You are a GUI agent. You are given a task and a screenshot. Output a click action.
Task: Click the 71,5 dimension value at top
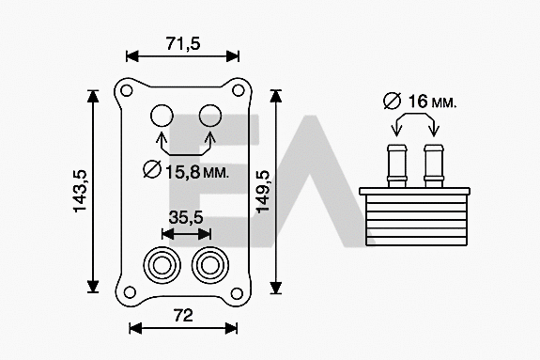[183, 43]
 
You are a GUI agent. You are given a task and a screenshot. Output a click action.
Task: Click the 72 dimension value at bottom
[183, 314]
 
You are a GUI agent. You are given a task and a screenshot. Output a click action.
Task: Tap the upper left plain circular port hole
[162, 117]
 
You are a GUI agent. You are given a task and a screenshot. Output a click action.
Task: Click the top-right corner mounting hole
[239, 91]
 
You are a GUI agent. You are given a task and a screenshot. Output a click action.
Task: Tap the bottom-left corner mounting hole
[126, 289]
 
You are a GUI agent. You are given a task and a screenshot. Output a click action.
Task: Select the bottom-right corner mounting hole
[239, 289]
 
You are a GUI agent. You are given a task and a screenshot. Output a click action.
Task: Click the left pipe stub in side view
[396, 164]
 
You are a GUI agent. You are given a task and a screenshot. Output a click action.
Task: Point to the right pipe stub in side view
[433, 164]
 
